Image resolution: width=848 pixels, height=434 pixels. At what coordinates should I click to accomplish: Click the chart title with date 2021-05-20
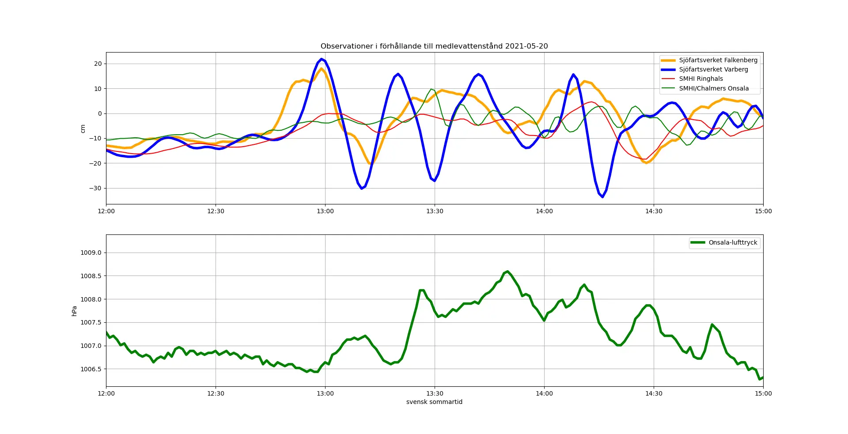coord(434,46)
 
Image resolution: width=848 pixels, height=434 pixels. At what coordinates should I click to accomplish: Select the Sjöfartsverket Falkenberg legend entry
coord(718,60)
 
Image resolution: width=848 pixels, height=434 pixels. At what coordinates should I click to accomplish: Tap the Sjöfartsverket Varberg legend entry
coord(713,69)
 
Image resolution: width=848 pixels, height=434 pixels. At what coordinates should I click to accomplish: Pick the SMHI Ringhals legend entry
coord(701,79)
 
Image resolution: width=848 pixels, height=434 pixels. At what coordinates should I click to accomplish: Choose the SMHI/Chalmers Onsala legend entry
coord(714,88)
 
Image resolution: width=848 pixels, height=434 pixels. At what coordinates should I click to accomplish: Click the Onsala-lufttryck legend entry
coord(733,242)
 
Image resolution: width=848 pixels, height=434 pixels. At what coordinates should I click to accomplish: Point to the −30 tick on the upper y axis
coord(95,188)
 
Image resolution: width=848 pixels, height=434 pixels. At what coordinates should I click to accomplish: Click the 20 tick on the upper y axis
coord(98,64)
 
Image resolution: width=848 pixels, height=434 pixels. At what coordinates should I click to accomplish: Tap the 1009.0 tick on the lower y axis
coord(91,253)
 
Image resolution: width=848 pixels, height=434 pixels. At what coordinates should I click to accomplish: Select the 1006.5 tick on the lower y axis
coord(91,369)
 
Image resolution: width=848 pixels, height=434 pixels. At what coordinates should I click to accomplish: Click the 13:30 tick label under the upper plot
coord(435,211)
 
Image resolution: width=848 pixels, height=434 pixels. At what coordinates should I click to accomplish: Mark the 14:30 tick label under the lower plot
coord(654,393)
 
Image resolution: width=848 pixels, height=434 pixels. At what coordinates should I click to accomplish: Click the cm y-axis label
coord(83,128)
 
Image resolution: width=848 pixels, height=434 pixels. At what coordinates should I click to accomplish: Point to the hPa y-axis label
coord(74,311)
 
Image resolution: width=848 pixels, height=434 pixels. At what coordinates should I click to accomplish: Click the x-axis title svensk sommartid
coord(434,402)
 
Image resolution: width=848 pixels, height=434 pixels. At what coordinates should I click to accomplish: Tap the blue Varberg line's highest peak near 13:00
coord(322,59)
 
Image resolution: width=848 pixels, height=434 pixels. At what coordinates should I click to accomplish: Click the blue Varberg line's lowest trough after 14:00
coord(602,197)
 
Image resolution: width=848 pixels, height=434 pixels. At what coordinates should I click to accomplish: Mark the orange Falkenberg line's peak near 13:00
coord(322,69)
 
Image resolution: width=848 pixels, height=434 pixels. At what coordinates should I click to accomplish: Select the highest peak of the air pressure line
coord(507,272)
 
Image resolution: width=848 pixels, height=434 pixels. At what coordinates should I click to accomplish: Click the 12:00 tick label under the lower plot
coord(106,393)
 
